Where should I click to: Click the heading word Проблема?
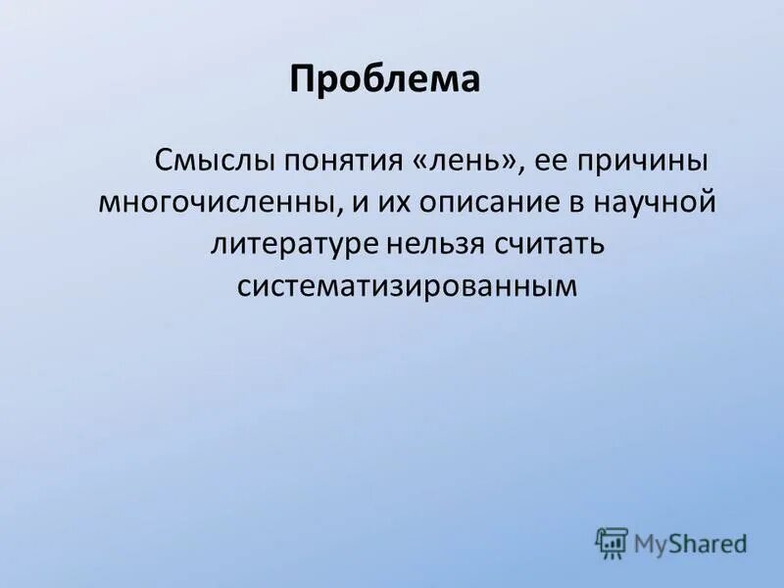tap(384, 79)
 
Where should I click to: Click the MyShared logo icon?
tap(611, 542)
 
